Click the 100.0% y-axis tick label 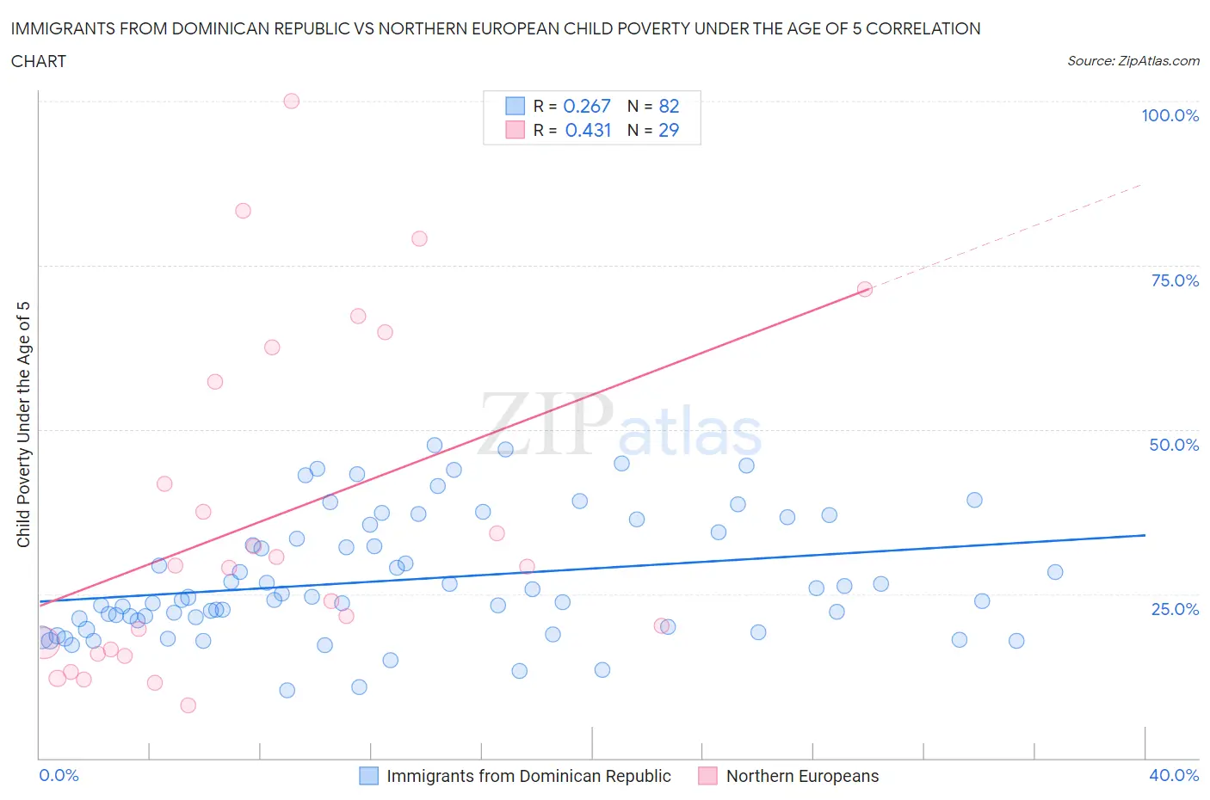[1170, 115]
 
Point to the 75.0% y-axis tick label [1175, 280]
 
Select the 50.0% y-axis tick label [1174, 445]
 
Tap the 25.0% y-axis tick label [1175, 609]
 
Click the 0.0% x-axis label [59, 775]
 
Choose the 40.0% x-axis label [1174, 775]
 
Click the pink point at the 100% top [291, 101]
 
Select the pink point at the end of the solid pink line [865, 289]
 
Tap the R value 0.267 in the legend [586, 106]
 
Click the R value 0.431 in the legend [588, 130]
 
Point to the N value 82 [669, 106]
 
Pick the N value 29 [669, 130]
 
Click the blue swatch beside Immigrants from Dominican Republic [368, 776]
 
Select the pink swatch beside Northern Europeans [707, 776]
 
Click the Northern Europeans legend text [802, 776]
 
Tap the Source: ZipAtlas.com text [1133, 60]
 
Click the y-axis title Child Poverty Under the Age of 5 [23, 424]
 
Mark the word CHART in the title [39, 61]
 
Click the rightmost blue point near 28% [1055, 572]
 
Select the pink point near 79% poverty [419, 238]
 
